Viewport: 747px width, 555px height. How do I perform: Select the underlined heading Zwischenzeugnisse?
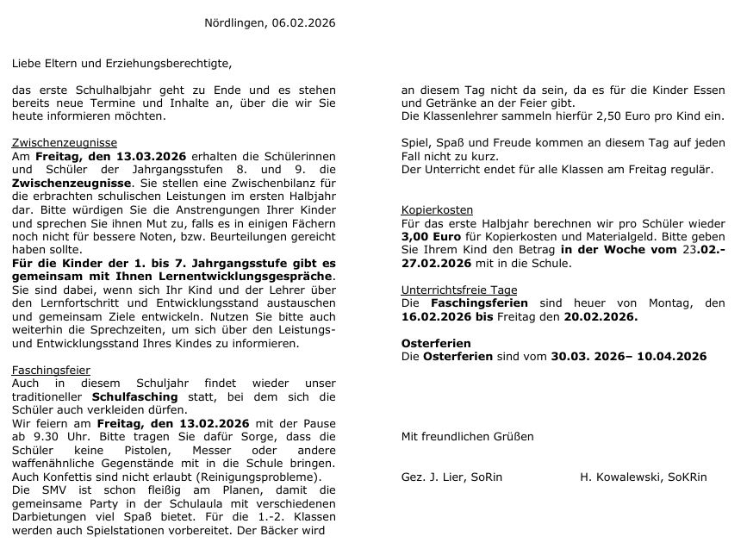coord(65,143)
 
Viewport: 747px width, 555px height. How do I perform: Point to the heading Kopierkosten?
coord(437,209)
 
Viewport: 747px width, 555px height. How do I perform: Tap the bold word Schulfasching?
coord(135,396)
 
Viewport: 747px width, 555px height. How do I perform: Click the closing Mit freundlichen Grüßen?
coord(468,436)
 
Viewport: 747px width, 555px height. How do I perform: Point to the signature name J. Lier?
coord(445,477)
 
